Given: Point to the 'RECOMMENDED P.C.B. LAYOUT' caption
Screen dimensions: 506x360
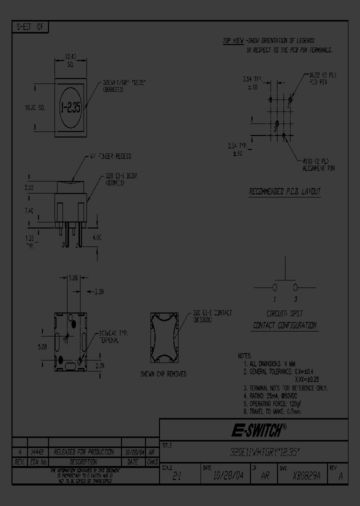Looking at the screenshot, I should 285,192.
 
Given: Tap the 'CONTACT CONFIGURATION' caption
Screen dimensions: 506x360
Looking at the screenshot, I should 284,325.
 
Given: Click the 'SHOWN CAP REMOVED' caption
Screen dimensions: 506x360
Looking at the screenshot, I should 163,374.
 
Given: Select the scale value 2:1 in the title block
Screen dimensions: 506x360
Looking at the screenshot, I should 177,477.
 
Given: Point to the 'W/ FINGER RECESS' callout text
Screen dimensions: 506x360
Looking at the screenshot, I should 110,156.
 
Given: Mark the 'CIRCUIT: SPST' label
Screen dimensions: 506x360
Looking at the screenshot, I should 284,313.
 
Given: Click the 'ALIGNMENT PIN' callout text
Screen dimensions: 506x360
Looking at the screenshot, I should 318,168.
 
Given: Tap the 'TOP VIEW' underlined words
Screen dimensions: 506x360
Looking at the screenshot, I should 233,40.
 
